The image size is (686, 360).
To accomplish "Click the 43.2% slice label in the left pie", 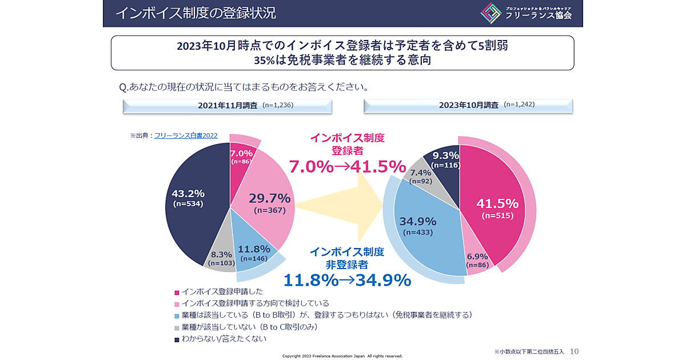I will tap(189, 194).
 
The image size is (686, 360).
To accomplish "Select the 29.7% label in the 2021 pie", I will tap(269, 198).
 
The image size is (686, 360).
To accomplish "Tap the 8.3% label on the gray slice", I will tap(221, 255).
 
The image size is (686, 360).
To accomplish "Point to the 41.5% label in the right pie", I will tap(497, 203).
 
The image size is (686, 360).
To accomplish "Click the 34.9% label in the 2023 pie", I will tap(418, 221).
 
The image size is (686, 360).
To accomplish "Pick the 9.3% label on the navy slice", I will tap(446, 155).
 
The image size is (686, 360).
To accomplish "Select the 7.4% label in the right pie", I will tap(420, 173).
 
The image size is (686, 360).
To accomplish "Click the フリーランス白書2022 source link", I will tap(186, 135).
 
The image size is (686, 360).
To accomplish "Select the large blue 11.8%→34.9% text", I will tap(347, 280).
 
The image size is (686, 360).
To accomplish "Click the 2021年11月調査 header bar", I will tap(227, 106).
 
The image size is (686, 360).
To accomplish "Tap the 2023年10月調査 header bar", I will tap(468, 106).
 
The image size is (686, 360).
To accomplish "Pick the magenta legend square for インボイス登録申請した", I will tap(177, 292).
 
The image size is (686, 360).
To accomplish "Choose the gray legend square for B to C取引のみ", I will tap(177, 328).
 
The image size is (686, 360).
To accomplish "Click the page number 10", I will tap(575, 351).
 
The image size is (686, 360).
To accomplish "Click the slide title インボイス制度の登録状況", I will tap(196, 13).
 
